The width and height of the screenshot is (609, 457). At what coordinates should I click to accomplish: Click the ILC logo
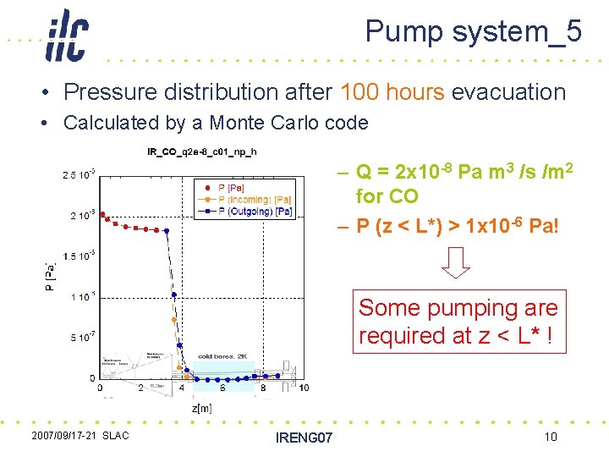(x=67, y=36)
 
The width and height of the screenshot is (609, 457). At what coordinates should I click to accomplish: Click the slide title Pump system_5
(x=473, y=31)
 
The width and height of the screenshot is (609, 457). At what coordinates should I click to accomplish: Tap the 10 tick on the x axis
(x=303, y=388)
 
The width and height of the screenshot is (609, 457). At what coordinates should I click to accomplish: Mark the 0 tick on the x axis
(x=101, y=388)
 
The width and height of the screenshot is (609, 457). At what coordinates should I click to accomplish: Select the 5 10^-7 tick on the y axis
(x=82, y=337)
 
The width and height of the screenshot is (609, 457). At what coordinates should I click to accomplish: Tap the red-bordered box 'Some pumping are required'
(x=458, y=322)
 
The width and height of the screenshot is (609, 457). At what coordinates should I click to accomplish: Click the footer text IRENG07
(x=304, y=438)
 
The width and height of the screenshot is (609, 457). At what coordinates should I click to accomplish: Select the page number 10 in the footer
(x=550, y=437)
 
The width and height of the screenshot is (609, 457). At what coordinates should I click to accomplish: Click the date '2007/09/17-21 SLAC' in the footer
(x=80, y=436)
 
